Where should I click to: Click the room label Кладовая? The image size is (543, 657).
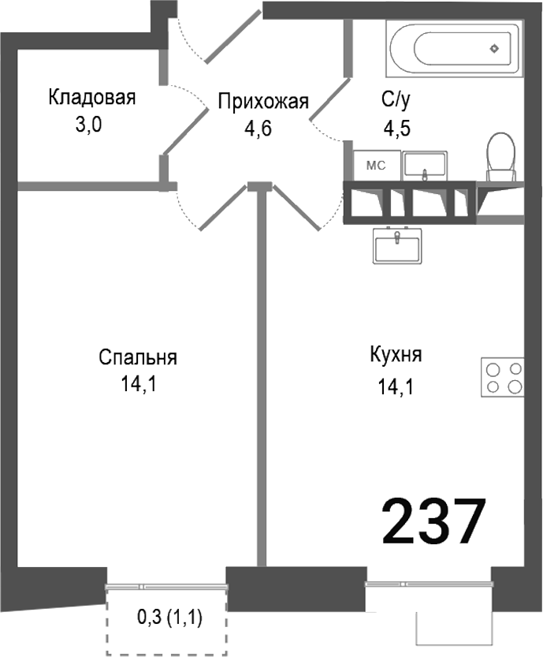click(92, 98)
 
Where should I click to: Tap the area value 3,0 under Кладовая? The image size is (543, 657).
click(90, 125)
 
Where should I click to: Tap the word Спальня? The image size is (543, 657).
click(138, 357)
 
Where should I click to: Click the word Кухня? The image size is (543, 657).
click(396, 355)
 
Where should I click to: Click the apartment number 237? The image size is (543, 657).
click(433, 522)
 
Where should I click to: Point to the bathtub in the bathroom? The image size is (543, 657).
click(453, 47)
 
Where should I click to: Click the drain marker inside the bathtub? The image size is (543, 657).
click(494, 47)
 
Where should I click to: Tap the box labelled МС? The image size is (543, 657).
click(375, 165)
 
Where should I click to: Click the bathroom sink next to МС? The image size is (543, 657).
click(425, 165)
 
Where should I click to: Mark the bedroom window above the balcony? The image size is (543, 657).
click(166, 586)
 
